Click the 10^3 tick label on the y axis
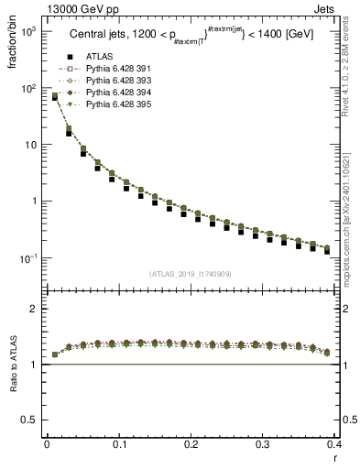click(29, 32)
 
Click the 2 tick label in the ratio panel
click(34, 309)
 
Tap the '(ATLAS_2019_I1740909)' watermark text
click(190, 274)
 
